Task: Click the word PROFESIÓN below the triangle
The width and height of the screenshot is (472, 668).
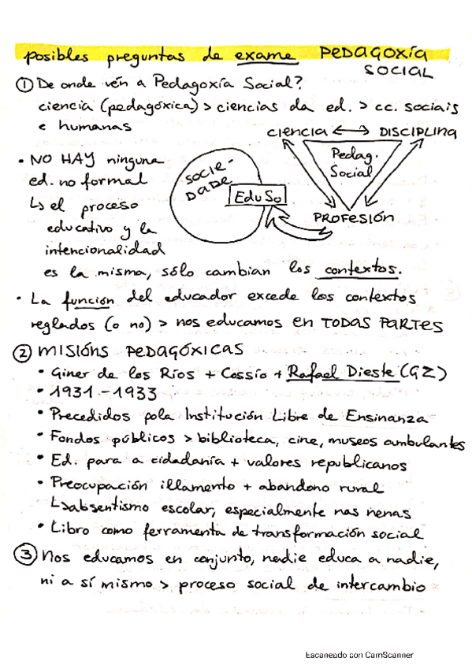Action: point(353,217)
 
